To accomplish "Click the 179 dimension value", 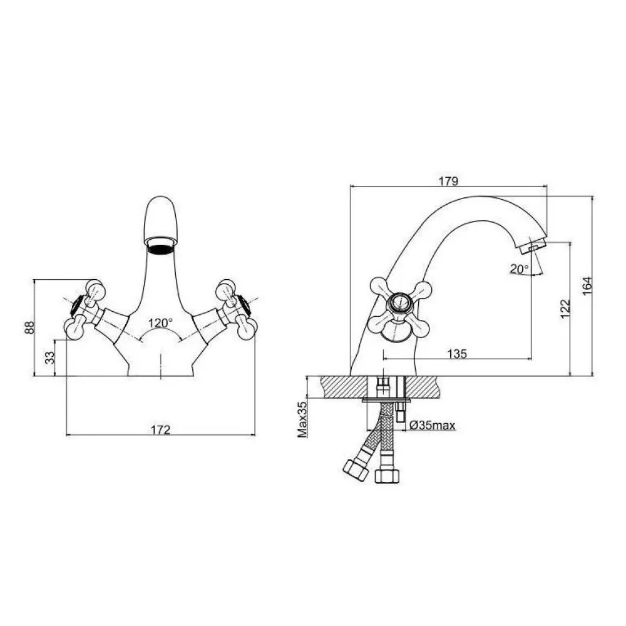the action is [x=448, y=181].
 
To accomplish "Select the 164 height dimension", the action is [x=587, y=286].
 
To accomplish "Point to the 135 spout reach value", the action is [x=457, y=353].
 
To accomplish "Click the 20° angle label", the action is [x=519, y=269].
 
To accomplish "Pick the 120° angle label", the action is [x=160, y=322].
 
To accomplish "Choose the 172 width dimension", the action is [x=160, y=429].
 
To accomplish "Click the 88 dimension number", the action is [x=30, y=328].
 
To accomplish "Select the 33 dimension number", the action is [x=49, y=357].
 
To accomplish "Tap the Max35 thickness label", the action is [x=302, y=419].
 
